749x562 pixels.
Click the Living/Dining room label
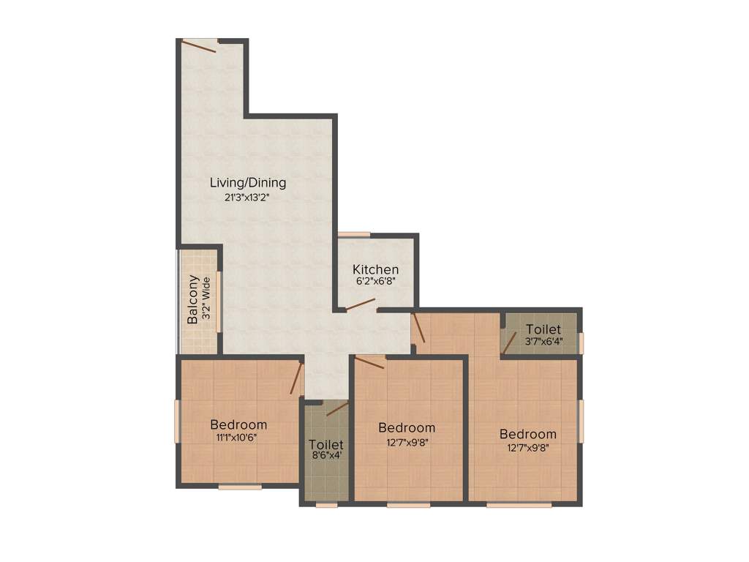pos(248,182)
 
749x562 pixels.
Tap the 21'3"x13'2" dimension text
pos(248,197)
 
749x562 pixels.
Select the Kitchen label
pos(376,269)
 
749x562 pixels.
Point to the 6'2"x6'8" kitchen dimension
pos(376,282)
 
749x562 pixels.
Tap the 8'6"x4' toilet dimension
pos(325,455)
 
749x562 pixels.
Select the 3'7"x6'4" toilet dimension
pos(543,341)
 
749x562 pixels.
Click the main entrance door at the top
pos(200,45)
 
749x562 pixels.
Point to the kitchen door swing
pos(361,305)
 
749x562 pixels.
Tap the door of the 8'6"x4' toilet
pos(337,409)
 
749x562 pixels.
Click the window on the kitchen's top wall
pos(354,234)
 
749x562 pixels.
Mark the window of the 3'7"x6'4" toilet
pos(581,342)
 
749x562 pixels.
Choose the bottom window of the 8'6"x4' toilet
pos(326,504)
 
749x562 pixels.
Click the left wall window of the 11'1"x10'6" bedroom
pos(177,421)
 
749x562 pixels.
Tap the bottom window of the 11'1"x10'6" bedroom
pos(240,486)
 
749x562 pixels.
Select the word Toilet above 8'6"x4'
pos(325,443)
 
